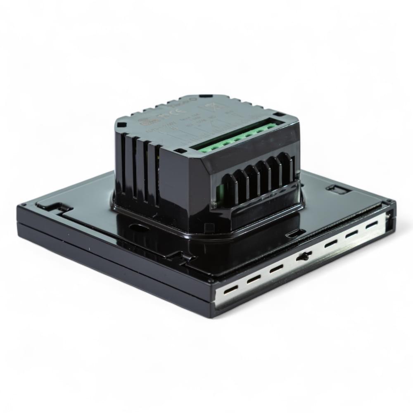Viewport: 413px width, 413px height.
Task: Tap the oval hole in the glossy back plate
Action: pos(139,227)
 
